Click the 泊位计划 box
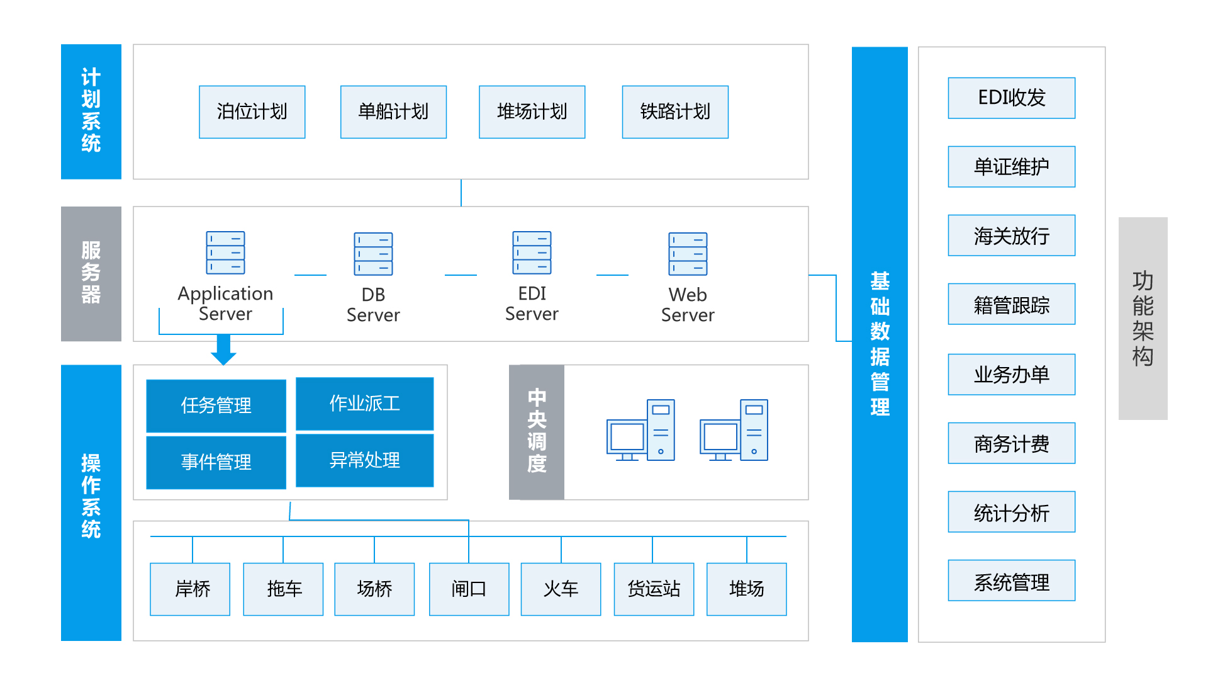point(252,112)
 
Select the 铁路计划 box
point(675,112)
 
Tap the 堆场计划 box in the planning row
point(532,112)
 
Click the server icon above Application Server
point(225,253)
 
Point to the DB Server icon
point(373,254)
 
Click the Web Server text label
point(688,305)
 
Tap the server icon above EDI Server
point(532,253)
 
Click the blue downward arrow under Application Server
point(223,350)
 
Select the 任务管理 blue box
point(216,405)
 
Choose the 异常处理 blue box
point(364,460)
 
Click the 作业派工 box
point(364,404)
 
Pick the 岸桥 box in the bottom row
point(190,589)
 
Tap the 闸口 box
point(469,589)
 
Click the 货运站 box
point(654,589)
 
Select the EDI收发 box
point(1011,98)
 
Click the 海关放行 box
point(1011,236)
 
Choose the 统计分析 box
point(1011,513)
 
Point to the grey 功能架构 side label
point(1143,319)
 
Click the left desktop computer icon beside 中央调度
point(640,431)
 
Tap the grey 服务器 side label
point(91,274)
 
